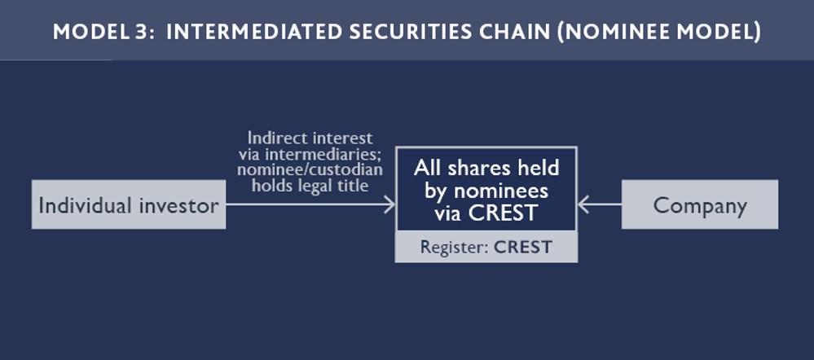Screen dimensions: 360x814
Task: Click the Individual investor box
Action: pos(129,204)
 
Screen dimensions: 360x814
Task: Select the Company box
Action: pos(700,204)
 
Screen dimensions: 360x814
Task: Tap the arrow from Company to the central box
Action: pos(600,204)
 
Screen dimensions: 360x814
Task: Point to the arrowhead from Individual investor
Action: pos(389,204)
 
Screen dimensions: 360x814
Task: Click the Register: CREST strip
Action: pos(486,247)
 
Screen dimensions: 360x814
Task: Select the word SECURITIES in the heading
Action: pos(417,32)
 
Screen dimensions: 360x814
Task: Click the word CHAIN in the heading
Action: pos(524,32)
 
